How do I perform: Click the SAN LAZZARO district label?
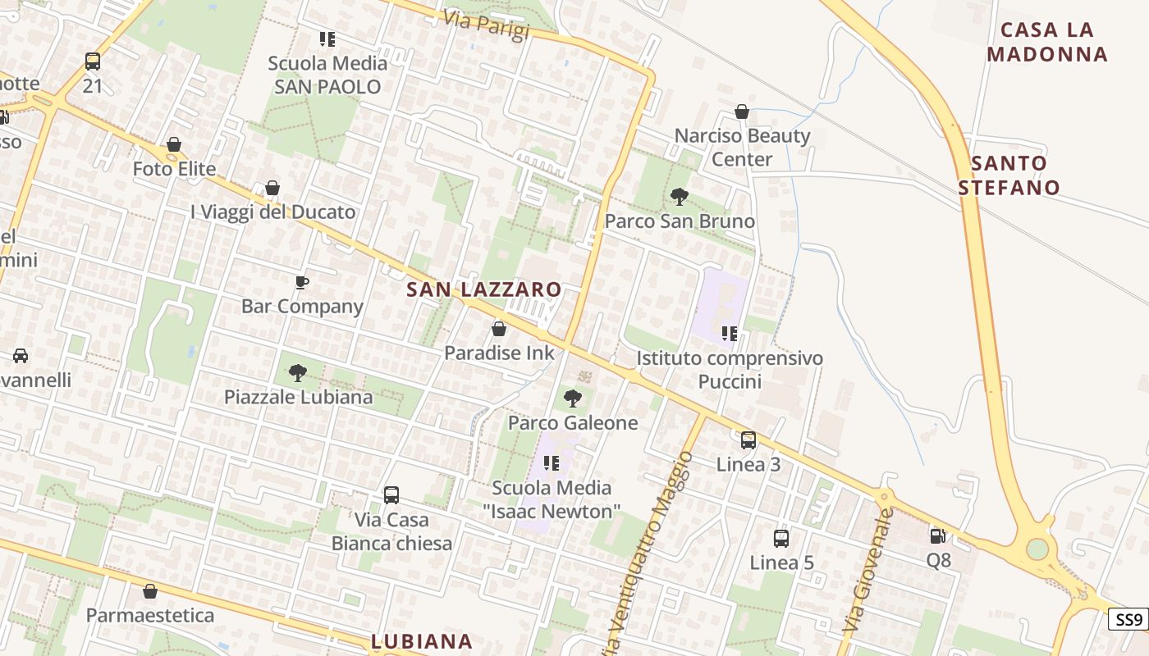pos(483,289)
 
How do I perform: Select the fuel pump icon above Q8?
pos(937,536)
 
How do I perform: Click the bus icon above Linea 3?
pos(748,440)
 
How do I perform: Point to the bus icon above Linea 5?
pos(781,539)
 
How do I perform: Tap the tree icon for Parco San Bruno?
pos(679,197)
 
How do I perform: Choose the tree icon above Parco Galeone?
pos(572,399)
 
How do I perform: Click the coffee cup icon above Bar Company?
pos(302,283)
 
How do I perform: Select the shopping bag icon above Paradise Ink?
pos(498,330)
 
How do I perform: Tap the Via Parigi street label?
pos(486,24)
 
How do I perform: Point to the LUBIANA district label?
pos(422,641)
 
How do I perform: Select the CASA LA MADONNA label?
pos(1047,42)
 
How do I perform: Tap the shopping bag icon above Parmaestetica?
pos(150,591)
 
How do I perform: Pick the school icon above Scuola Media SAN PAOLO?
pos(327,39)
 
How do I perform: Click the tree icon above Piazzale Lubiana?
pos(298,374)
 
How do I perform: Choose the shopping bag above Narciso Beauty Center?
pos(742,112)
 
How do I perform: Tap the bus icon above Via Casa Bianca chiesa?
pos(391,495)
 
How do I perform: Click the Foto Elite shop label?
pos(175,169)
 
